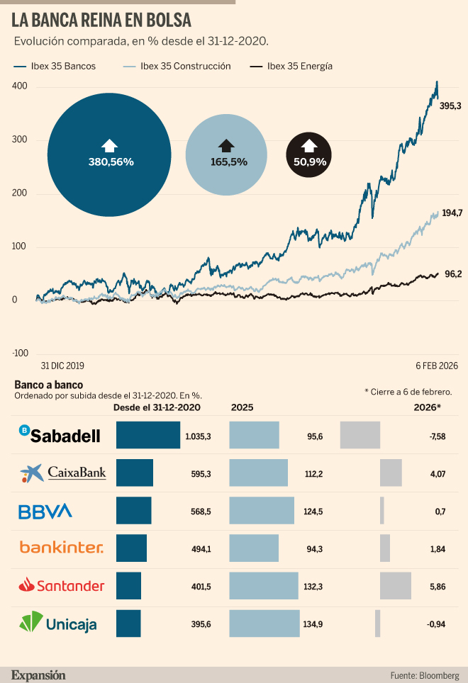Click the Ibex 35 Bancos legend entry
tap(55, 66)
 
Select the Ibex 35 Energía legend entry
tap(291, 66)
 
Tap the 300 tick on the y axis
tap(19, 140)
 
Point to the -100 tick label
tap(20, 354)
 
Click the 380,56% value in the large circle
tap(111, 162)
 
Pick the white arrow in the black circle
tap(309, 145)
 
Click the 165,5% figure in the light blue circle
tap(229, 162)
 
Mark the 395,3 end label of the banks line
tap(450, 106)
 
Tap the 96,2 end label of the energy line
tap(453, 274)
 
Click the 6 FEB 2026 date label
tap(437, 366)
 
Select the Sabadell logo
tap(60, 435)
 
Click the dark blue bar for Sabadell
tap(148, 435)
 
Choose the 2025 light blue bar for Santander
tap(264, 586)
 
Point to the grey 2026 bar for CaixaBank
tap(391, 473)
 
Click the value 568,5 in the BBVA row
tap(201, 512)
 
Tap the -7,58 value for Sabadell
tap(437, 436)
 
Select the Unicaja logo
tap(58, 623)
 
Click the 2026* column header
tap(427, 407)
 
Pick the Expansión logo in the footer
tap(38, 675)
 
